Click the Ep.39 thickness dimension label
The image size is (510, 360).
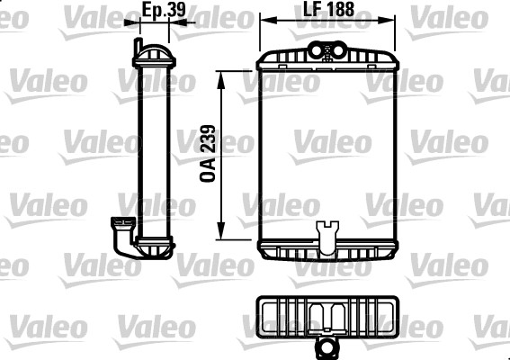(x=159, y=9)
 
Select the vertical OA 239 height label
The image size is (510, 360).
(x=207, y=155)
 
